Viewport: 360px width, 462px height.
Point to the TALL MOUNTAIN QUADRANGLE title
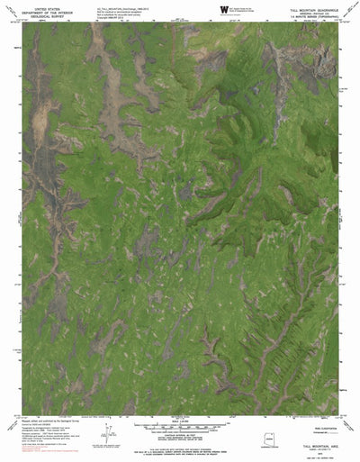(x=310, y=5)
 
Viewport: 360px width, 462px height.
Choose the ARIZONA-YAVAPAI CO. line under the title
(x=310, y=9)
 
